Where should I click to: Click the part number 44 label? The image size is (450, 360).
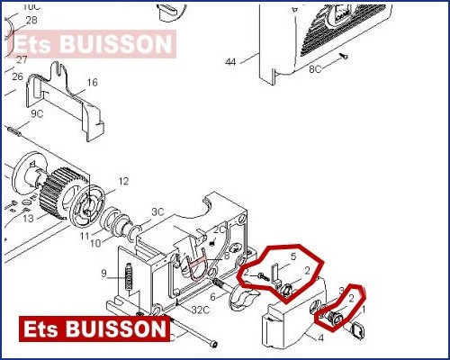[x=230, y=62]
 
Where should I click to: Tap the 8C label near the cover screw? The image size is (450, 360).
[x=315, y=69]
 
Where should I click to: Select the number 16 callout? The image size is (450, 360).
[x=93, y=82]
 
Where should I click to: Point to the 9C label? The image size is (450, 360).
[x=37, y=113]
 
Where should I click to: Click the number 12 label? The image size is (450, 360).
[x=123, y=181]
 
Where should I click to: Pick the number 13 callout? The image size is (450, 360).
[x=28, y=218]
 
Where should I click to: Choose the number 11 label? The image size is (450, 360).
[x=85, y=236]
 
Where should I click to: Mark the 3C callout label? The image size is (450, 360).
[x=157, y=211]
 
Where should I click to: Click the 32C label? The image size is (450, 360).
[x=200, y=310]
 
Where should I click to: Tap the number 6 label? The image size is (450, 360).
[x=212, y=297]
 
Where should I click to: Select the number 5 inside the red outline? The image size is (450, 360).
[x=293, y=256]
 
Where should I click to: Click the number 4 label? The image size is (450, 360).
[x=320, y=338]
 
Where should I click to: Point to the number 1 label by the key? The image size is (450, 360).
[x=364, y=309]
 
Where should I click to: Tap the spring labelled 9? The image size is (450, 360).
[x=130, y=276]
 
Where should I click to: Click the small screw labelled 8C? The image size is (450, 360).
[x=343, y=56]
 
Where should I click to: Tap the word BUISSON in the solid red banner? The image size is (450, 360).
[x=115, y=328]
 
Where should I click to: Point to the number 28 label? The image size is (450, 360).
[x=31, y=20]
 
